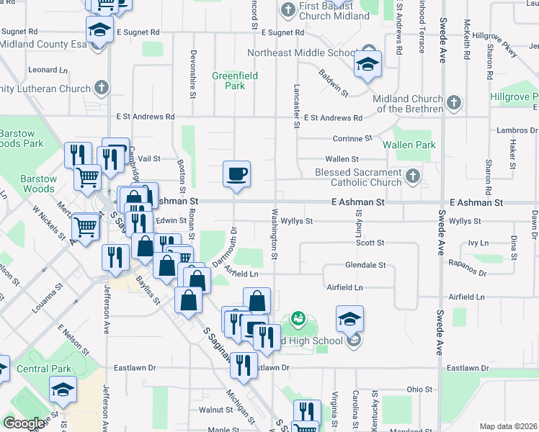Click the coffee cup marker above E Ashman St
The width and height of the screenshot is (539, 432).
[236, 174]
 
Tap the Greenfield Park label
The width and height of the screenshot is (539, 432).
[229, 81]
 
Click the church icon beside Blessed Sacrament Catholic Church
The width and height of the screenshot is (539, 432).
[412, 175]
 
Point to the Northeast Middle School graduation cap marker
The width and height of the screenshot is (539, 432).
[367, 64]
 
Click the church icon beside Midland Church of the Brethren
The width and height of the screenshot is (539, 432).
[453, 103]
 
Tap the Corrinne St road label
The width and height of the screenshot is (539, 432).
[352, 138]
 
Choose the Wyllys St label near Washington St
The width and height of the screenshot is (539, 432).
[296, 221]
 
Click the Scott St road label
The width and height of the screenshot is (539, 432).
[370, 243]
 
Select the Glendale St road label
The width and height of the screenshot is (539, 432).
[365, 265]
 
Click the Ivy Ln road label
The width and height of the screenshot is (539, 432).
[478, 243]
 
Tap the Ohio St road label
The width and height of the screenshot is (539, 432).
[419, 389]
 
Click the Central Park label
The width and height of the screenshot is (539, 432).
[45, 369]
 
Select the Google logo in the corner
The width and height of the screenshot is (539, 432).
[24, 423]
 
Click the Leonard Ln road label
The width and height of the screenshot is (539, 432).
[48, 70]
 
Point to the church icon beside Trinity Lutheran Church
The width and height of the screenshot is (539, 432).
[102, 89]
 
